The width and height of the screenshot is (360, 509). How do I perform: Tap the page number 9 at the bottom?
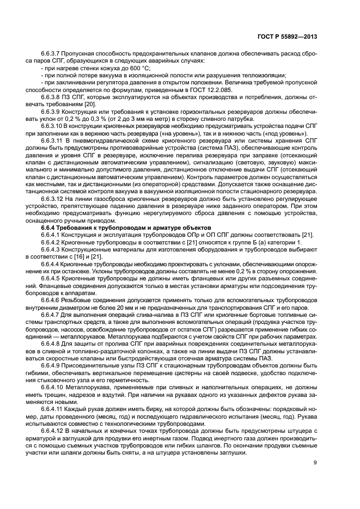315,463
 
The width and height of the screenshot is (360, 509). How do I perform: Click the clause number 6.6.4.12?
52,432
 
